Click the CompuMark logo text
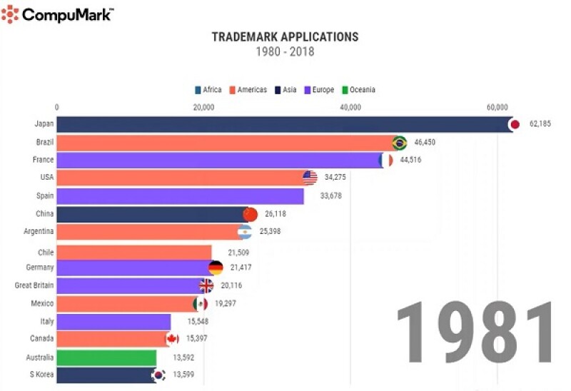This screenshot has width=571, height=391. (67, 14)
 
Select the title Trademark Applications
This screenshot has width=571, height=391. (285, 36)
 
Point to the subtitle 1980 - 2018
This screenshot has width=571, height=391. (285, 51)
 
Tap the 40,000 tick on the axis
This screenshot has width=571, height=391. (350, 108)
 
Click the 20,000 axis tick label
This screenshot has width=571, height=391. (203, 108)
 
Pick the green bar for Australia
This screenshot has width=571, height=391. (106, 357)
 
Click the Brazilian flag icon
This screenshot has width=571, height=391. (399, 142)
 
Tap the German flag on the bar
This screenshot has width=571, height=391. (216, 268)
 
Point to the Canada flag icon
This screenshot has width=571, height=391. (172, 338)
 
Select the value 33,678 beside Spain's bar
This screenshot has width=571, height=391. (326, 195)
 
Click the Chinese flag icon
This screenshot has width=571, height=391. (250, 214)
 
